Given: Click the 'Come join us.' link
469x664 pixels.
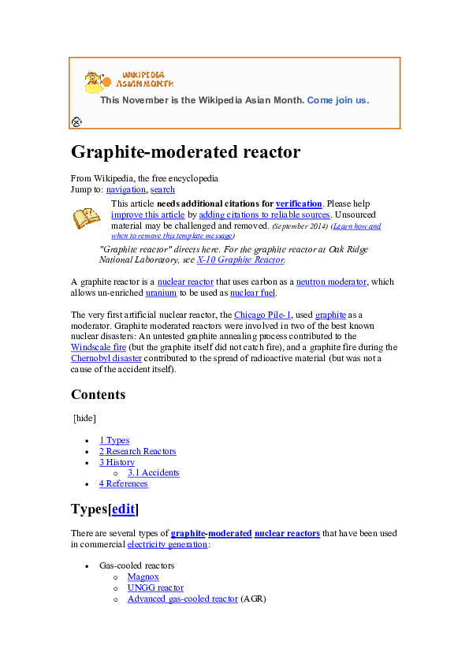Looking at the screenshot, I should click(337, 100).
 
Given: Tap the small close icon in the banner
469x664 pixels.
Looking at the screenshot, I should click(76, 121).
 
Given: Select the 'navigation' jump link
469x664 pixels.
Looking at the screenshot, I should click(125, 189).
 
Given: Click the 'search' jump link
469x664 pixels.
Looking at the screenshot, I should click(162, 189).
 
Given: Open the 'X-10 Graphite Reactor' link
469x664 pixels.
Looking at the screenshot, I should click(240, 259).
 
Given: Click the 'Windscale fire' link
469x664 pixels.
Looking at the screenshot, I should click(98, 346).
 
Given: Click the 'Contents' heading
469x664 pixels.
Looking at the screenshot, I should click(98, 394).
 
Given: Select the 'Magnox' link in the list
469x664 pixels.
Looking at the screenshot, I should click(143, 577).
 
